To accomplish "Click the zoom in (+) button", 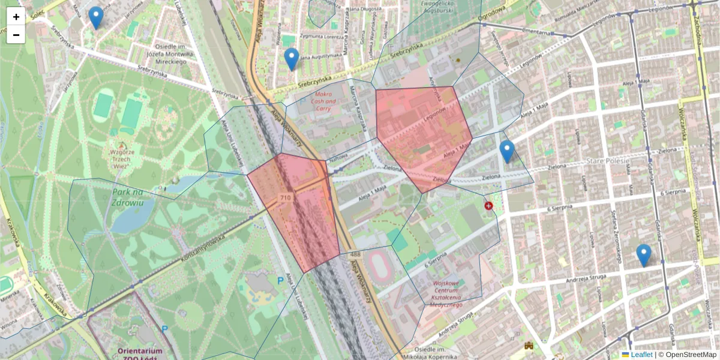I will point(16,17).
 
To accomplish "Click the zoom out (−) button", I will point(16,35).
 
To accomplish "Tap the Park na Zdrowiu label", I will point(128,197).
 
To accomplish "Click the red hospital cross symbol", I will point(488,206).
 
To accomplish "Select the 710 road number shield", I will point(286,198).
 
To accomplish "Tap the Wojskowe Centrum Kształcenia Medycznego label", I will point(446,293).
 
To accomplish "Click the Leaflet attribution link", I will point(641,355).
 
